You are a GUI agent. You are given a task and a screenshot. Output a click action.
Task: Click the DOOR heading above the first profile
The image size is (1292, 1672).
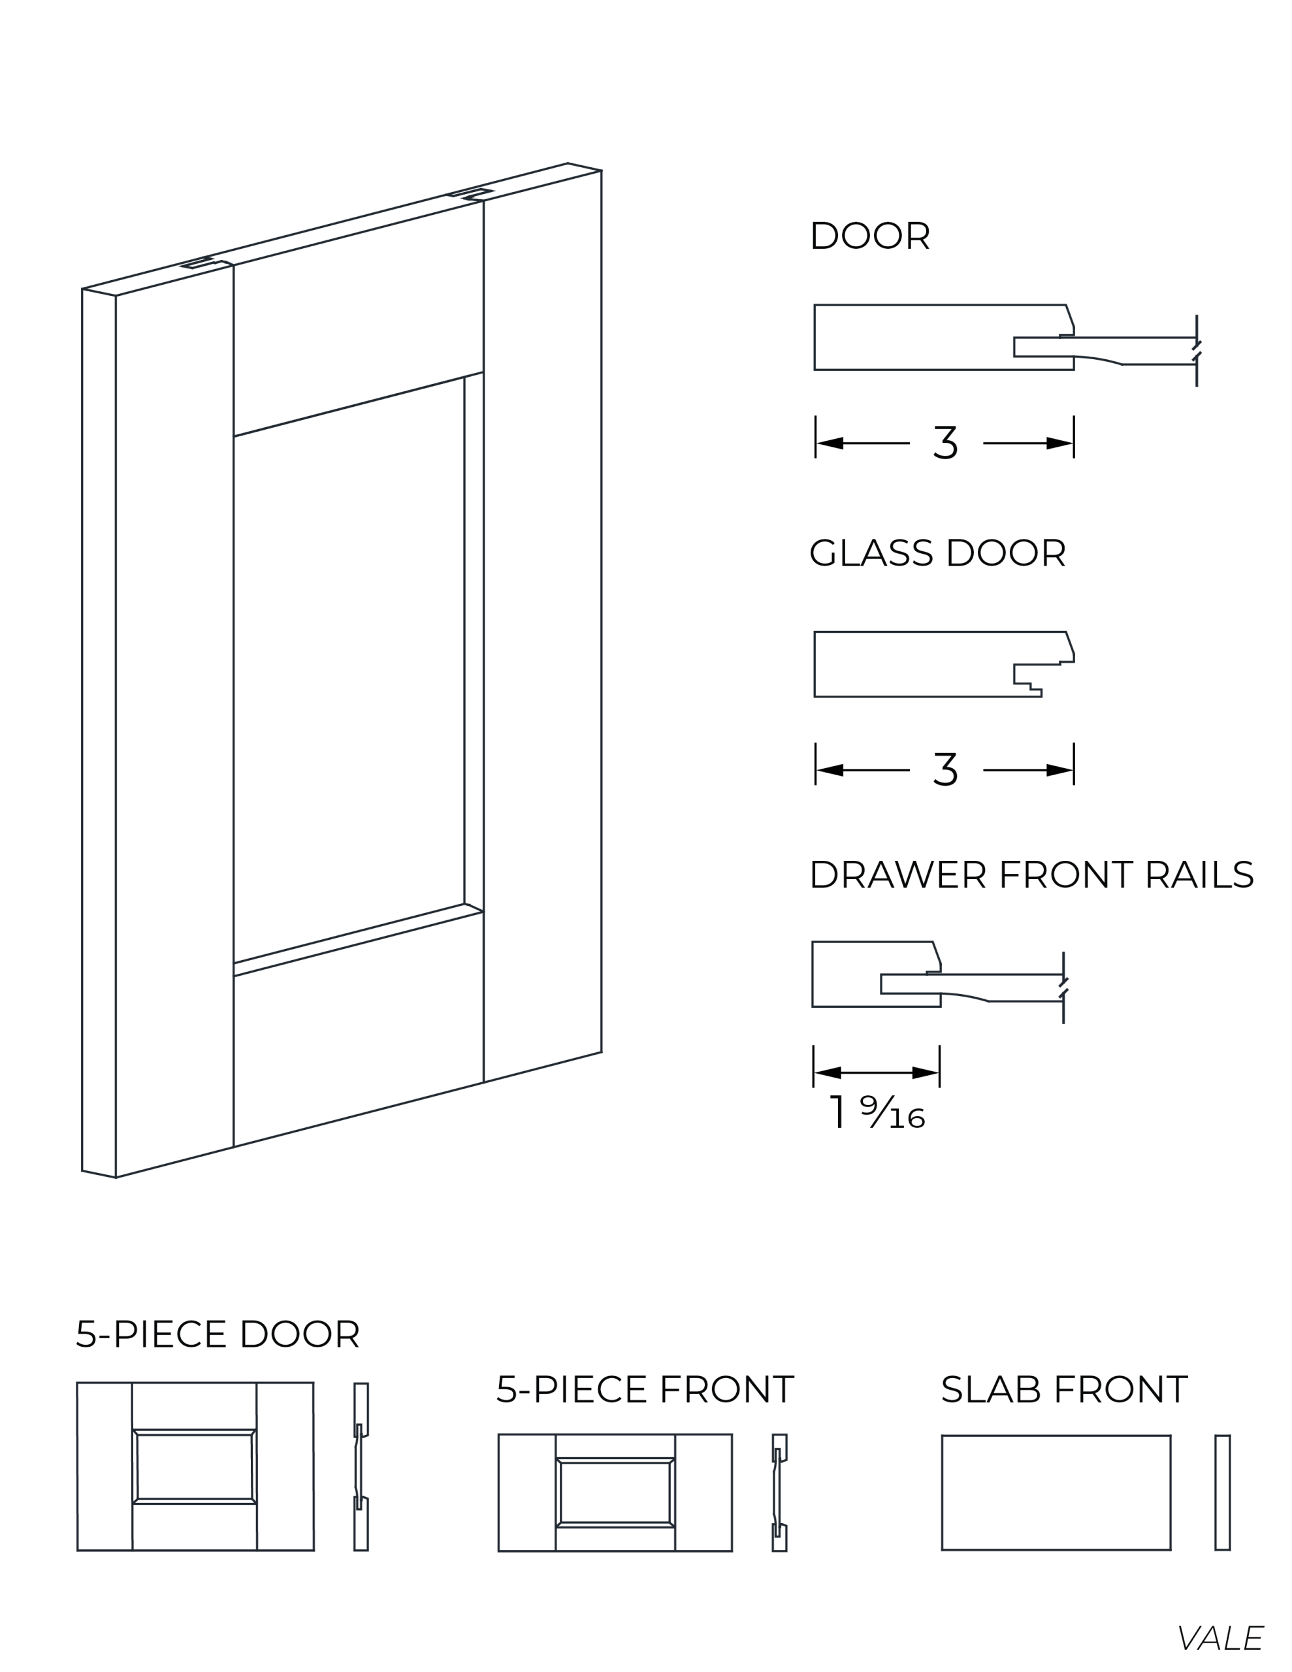(x=870, y=235)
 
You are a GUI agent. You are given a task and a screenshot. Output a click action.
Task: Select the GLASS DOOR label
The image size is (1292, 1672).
(x=937, y=552)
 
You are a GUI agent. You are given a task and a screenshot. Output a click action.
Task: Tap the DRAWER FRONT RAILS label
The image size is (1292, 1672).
(x=1031, y=875)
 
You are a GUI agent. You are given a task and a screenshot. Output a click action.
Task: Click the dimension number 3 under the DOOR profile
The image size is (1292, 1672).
(x=946, y=443)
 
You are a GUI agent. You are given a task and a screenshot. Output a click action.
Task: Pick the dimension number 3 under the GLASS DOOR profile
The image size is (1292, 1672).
(x=946, y=769)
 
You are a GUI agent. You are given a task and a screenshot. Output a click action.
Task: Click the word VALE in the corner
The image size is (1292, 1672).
(x=1221, y=1637)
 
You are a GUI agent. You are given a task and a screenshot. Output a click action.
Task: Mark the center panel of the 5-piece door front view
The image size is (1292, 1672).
(x=195, y=1467)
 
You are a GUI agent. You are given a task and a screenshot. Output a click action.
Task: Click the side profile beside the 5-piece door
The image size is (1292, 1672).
(x=361, y=1467)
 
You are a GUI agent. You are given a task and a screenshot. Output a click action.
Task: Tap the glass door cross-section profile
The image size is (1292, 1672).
(x=944, y=664)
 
